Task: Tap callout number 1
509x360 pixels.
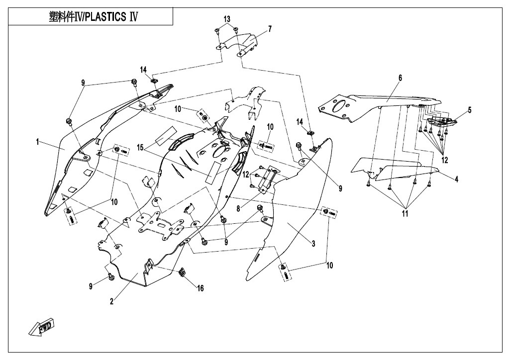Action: [x=38, y=142]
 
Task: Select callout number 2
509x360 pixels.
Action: [x=112, y=301]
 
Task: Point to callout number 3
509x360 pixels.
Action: [x=313, y=243]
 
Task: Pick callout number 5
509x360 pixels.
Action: [x=469, y=110]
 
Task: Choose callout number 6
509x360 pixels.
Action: [x=400, y=78]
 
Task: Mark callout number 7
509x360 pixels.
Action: [x=270, y=29]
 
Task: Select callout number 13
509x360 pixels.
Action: [x=227, y=19]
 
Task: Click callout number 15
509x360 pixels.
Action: [x=140, y=147]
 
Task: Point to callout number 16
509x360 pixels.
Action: [x=200, y=288]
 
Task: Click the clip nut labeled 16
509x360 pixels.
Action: [x=182, y=272]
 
